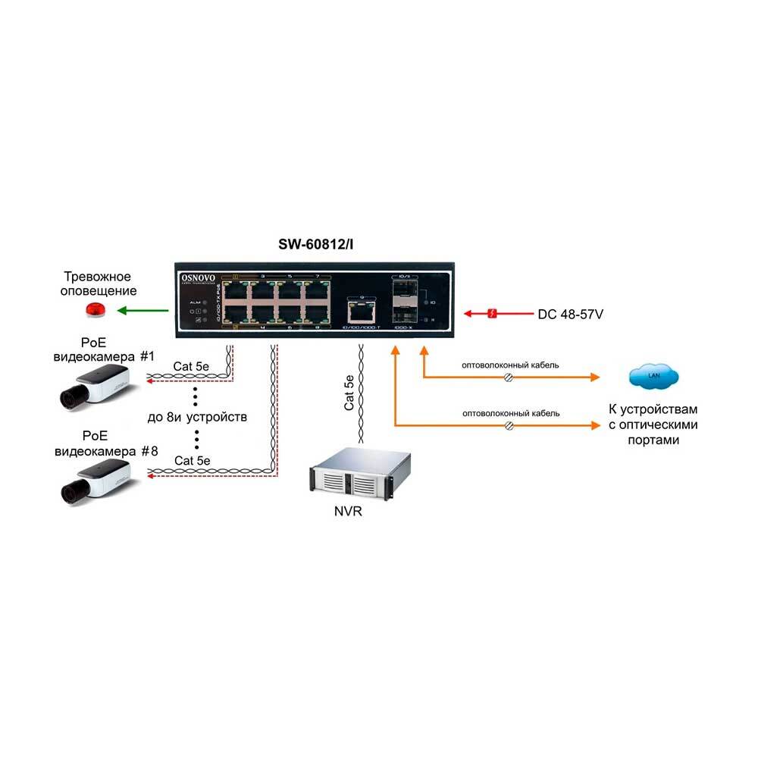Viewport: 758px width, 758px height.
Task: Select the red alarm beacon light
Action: click(96, 309)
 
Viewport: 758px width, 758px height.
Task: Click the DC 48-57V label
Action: click(570, 313)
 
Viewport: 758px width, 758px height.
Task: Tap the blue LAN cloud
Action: click(653, 375)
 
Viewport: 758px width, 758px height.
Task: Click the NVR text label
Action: click(348, 512)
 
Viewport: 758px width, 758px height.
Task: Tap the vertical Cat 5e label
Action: click(349, 392)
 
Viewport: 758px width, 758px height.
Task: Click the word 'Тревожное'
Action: click(98, 277)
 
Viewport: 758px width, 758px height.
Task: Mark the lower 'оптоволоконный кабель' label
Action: click(511, 414)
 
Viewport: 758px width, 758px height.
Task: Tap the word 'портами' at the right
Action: click(653, 440)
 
